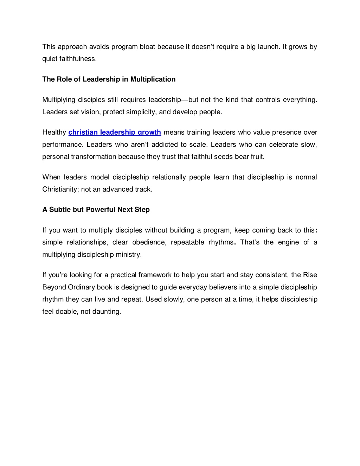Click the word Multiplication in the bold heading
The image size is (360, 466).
[x=153, y=79]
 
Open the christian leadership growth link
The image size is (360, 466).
[x=115, y=132]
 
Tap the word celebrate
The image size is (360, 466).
[x=283, y=145]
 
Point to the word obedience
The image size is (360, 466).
[x=149, y=242]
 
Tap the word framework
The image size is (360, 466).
[x=155, y=275]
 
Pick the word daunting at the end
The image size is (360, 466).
[x=107, y=311]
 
